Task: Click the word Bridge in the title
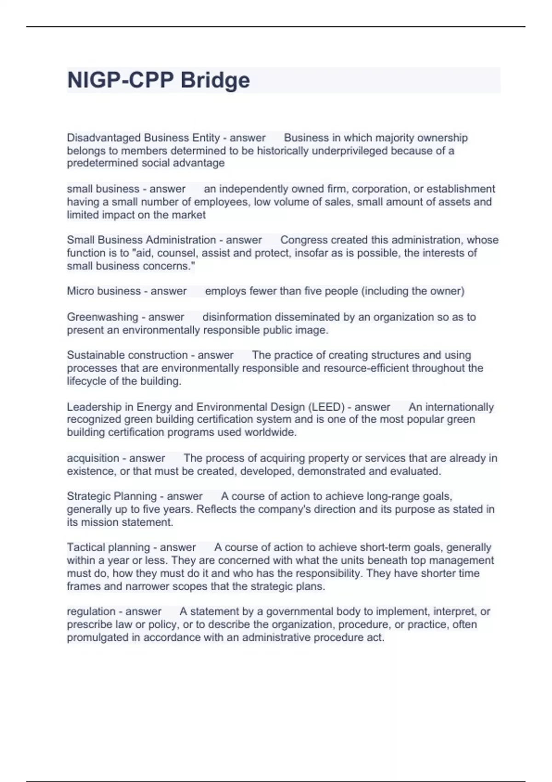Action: pyautogui.click(x=215, y=80)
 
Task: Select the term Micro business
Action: pyautogui.click(x=104, y=291)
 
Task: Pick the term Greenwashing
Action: pyautogui.click(x=103, y=317)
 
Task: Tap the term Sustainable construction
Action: pyautogui.click(x=127, y=355)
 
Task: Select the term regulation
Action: pyautogui.click(x=90, y=611)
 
